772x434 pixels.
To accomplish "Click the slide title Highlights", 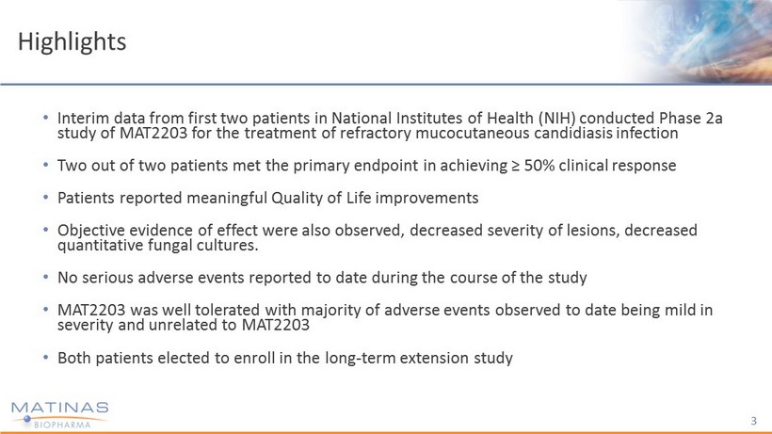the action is pyautogui.click(x=72, y=42).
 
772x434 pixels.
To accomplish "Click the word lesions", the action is pyautogui.click(x=591, y=231).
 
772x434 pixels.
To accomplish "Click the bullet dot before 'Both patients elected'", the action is pyautogui.click(x=46, y=357).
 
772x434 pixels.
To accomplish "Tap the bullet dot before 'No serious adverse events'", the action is pyautogui.click(x=46, y=277).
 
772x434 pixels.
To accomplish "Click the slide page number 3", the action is pyautogui.click(x=754, y=421).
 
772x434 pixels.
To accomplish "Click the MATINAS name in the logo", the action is pyautogui.click(x=59, y=408).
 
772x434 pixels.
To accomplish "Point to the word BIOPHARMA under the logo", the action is pyautogui.click(x=62, y=425).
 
